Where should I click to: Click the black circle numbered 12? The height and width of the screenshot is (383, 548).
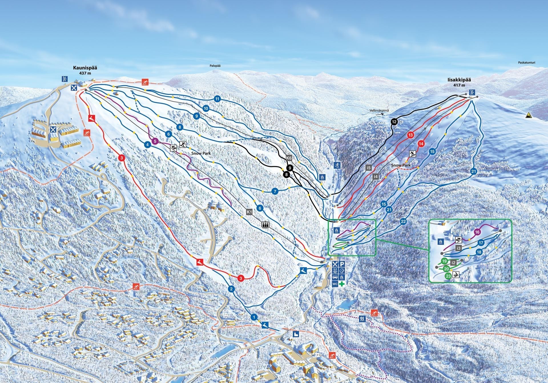tap(394, 122)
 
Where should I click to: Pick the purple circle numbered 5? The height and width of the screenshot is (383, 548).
tap(155, 141)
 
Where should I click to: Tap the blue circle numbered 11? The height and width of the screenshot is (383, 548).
tap(217, 99)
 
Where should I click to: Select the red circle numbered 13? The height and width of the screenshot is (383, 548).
tap(411, 135)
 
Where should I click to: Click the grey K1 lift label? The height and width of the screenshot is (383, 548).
tap(249, 212)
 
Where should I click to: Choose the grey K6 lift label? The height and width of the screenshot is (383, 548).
tap(289, 158)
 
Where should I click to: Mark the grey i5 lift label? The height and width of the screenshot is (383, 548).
tap(368, 168)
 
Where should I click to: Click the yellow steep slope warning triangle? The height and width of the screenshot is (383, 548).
tap(529, 115)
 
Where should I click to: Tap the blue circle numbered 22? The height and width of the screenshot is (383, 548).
tap(403, 222)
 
